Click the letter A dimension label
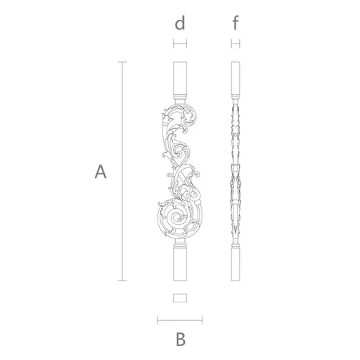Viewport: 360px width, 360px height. click(101, 172)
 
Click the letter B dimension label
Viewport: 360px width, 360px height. click(181, 339)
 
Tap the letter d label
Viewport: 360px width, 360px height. click(180, 22)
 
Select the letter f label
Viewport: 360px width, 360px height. click(236, 22)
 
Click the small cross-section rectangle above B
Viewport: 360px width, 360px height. click(180, 298)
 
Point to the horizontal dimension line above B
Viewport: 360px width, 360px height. click(180, 320)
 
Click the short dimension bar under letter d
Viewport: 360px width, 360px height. click(180, 44)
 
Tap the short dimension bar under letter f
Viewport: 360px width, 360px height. click(236, 44)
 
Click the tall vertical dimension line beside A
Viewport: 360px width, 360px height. click(122, 172)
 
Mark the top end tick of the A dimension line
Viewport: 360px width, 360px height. click(122, 62)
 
